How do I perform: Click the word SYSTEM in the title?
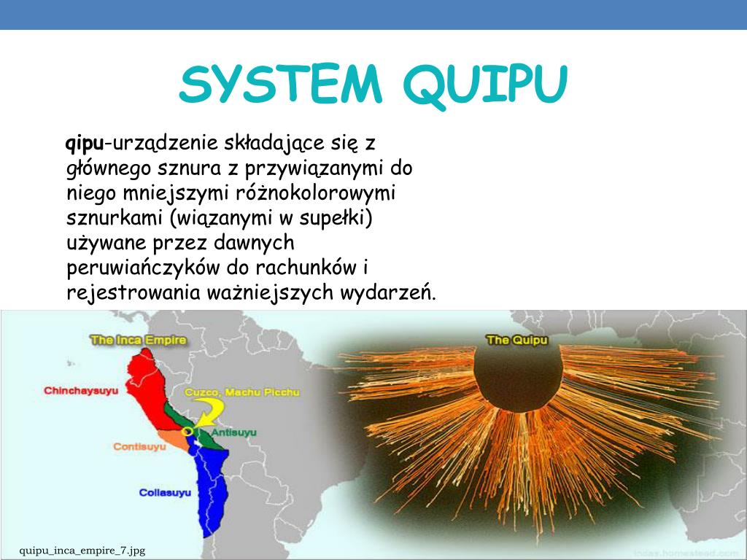coord(281,85)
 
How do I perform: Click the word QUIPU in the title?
coord(484,85)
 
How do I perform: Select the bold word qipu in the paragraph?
coord(85,142)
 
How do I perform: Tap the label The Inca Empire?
coord(138,340)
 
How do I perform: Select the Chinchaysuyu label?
coord(80,391)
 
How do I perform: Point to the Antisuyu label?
coord(233,432)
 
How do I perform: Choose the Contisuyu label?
coord(139,446)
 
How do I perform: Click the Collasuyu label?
coord(165,493)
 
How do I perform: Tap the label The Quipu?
coord(516,340)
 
